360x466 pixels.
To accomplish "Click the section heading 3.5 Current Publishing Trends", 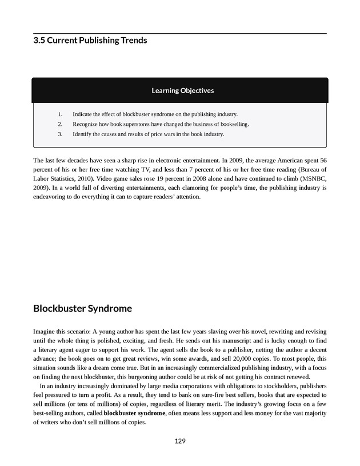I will point(90,41).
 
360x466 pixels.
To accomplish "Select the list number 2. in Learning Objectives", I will point(60,124).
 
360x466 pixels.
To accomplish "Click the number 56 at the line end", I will point(322,160).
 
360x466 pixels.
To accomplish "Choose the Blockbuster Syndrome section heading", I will point(83,309).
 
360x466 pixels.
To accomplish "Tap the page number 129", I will point(180,441).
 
